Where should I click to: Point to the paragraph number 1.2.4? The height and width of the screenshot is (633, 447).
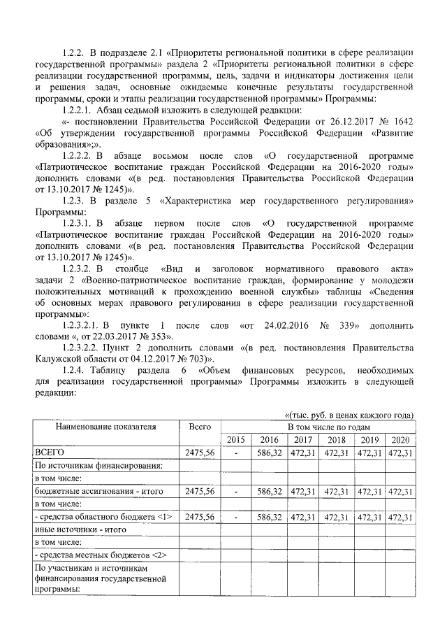[x=74, y=370]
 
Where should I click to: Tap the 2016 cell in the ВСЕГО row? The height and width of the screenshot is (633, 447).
[x=269, y=453]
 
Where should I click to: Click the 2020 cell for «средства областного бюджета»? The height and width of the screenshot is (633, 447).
[x=400, y=516]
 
